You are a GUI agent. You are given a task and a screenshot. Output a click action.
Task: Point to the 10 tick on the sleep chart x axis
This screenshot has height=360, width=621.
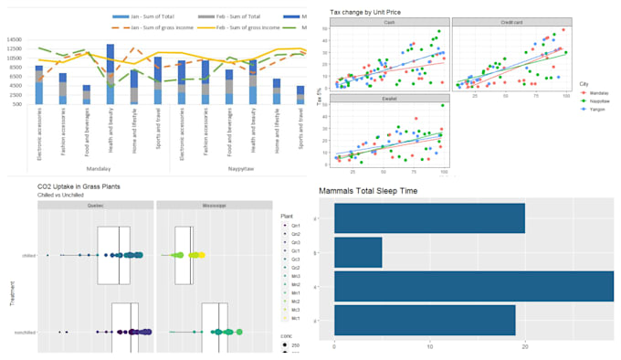(x=429, y=345)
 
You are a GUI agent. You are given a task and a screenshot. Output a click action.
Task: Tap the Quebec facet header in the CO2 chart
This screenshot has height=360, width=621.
(x=95, y=206)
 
